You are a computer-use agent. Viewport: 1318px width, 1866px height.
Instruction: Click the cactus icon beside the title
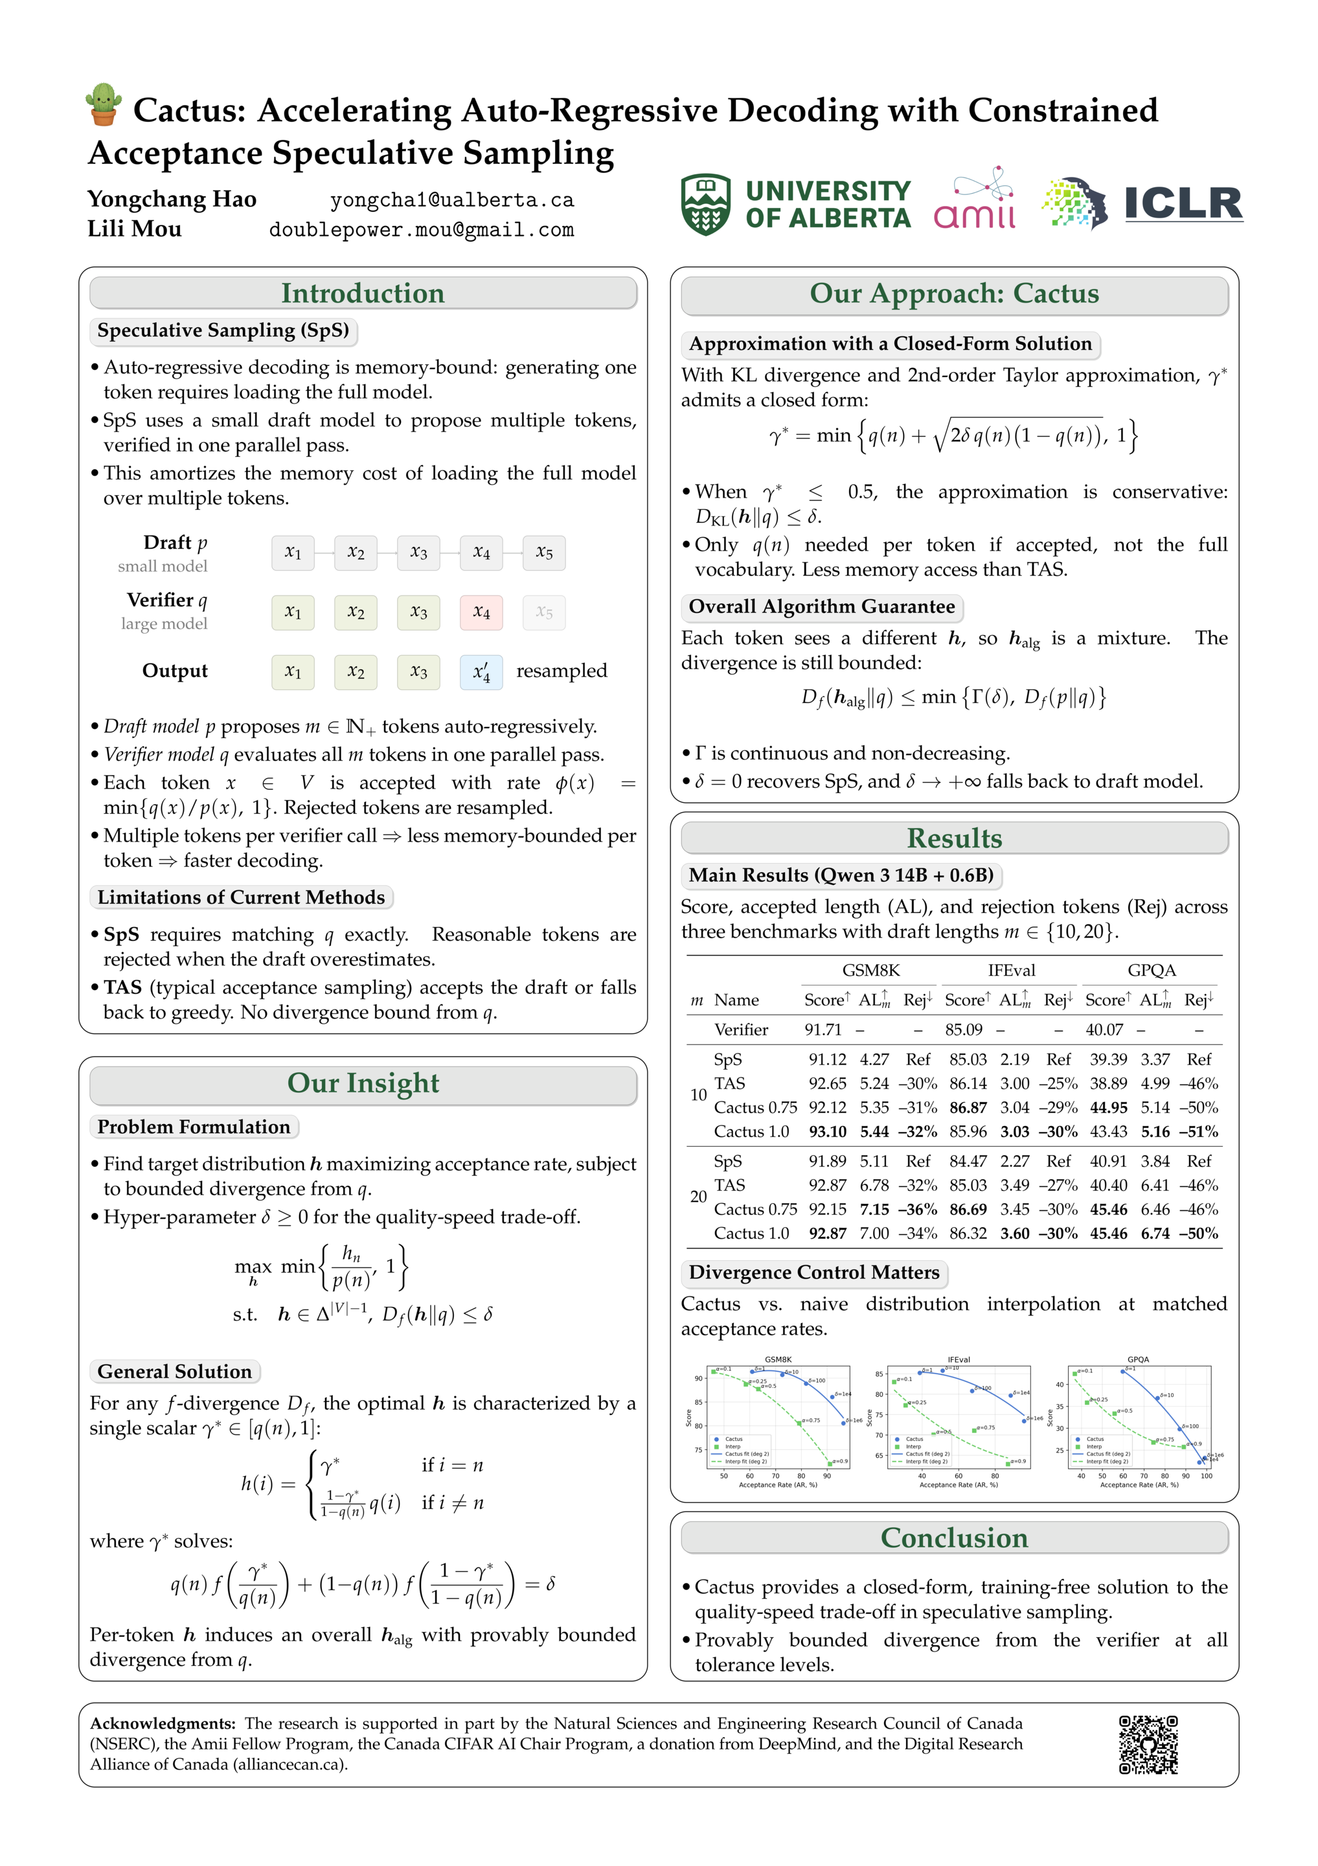[103, 105]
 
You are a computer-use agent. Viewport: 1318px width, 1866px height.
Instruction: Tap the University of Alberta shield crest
[705, 204]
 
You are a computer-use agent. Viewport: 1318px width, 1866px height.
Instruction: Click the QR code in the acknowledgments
[1148, 1744]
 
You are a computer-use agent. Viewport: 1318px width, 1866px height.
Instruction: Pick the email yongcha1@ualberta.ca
[452, 200]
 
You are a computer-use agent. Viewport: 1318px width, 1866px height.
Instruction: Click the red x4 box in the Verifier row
[481, 612]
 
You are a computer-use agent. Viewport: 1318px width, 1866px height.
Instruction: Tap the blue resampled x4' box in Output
[481, 672]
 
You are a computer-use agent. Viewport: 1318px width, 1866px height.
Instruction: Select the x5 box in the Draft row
[543, 553]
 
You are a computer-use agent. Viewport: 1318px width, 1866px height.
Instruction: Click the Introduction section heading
[363, 294]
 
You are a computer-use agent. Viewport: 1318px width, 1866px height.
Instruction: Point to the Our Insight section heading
[363, 1083]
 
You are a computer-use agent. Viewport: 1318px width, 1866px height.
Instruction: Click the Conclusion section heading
[954, 1538]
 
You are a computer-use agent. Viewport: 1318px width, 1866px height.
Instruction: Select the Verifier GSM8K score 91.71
[823, 1030]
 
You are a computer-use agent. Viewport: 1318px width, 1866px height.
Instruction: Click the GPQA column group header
[1151, 971]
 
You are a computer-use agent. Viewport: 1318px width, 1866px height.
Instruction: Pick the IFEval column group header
[1011, 971]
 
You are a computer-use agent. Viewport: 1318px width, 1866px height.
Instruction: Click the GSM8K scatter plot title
[778, 1359]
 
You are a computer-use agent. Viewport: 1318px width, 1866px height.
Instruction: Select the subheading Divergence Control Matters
[813, 1272]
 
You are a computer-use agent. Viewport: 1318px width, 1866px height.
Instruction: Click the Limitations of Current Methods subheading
[240, 897]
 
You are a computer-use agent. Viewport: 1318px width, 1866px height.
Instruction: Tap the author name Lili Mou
[135, 229]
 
